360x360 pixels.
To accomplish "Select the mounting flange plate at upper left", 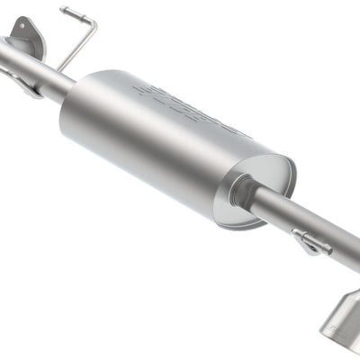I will pyautogui.click(x=26, y=35).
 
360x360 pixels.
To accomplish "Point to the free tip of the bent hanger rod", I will pyautogui.click(x=64, y=11).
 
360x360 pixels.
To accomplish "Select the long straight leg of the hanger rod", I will pyautogui.click(x=78, y=45).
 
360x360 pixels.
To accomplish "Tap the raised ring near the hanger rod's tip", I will pyautogui.click(x=71, y=13).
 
